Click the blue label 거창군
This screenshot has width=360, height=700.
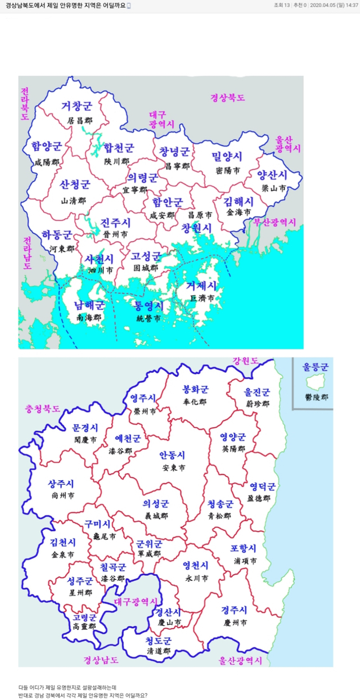click(x=76, y=106)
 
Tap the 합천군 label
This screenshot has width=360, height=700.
click(x=119, y=148)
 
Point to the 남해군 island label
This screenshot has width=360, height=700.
click(x=89, y=305)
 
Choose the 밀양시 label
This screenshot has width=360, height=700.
click(x=227, y=156)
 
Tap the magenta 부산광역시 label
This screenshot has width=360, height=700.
click(x=274, y=223)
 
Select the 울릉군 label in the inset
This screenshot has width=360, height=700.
click(x=315, y=367)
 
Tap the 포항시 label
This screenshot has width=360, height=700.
click(x=243, y=548)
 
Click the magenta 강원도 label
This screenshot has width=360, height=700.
click(x=245, y=360)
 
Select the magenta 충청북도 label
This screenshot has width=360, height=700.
click(x=42, y=409)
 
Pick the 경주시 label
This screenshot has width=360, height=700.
click(x=235, y=611)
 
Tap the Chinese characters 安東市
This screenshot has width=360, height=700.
click(x=173, y=468)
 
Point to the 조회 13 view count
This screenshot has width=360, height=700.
click(x=281, y=5)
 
